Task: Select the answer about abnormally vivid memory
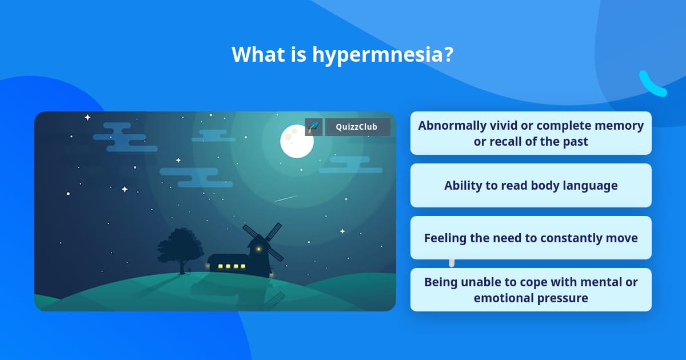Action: pos(531,133)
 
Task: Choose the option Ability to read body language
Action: pos(531,186)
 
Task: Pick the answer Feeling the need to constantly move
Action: pos(531,238)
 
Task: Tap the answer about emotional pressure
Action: pos(531,290)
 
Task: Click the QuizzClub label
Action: pos(357,127)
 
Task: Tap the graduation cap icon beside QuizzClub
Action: pos(314,127)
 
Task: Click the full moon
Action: pos(297,142)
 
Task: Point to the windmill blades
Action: pos(263,242)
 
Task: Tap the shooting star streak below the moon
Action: pos(286,198)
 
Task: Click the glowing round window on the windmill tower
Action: pos(259,249)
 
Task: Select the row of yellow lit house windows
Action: pos(232,266)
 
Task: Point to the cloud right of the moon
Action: pos(350,165)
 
